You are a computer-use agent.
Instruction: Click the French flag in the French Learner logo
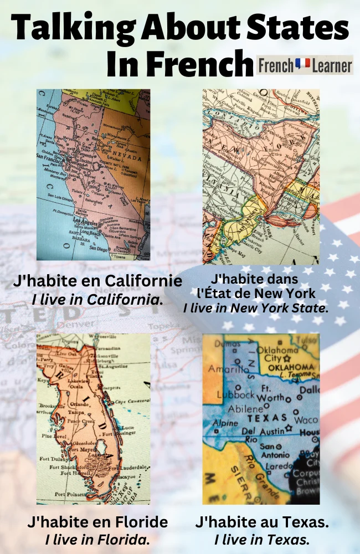click(302, 65)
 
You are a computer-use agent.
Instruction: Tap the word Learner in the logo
click(331, 66)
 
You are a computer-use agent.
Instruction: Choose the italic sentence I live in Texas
click(261, 539)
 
